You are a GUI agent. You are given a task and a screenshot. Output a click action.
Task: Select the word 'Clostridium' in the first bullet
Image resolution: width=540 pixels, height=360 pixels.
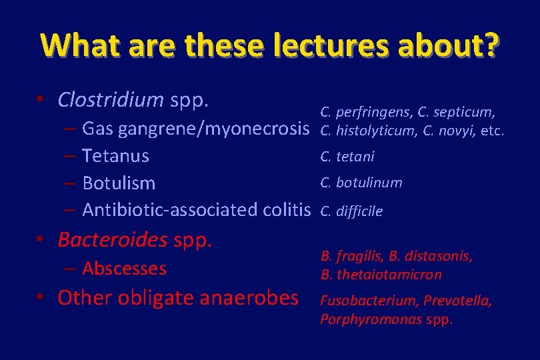tap(111, 99)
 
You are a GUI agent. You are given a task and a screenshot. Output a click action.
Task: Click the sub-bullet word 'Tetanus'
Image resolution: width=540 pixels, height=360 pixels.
tap(115, 156)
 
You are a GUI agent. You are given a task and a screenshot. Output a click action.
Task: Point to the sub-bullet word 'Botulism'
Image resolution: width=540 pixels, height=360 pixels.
tap(119, 183)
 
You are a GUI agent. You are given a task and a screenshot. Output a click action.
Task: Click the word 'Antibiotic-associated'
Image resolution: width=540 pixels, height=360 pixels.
tap(171, 210)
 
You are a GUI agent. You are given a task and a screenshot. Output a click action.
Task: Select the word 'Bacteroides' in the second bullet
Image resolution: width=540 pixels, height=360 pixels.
tap(112, 239)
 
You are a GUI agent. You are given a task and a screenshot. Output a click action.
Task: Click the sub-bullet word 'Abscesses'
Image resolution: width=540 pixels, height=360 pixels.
tap(124, 268)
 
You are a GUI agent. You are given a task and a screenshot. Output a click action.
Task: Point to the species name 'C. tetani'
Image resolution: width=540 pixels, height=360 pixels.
tap(347, 157)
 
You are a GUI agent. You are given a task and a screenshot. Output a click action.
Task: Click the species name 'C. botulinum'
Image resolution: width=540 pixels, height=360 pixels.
tap(361, 183)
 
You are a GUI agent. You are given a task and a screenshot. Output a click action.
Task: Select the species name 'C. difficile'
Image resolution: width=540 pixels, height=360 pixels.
tap(351, 211)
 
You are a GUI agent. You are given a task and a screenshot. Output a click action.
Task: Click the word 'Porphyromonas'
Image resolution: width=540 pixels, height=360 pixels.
tap(364, 319)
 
